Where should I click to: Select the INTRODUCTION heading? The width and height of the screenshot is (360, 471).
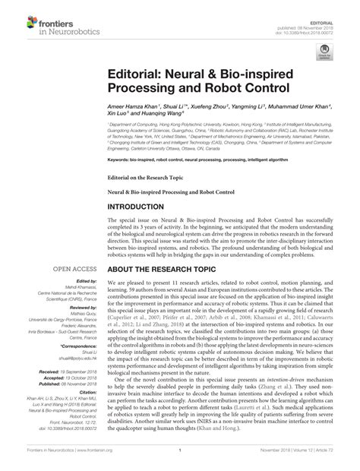pos(146,207)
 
